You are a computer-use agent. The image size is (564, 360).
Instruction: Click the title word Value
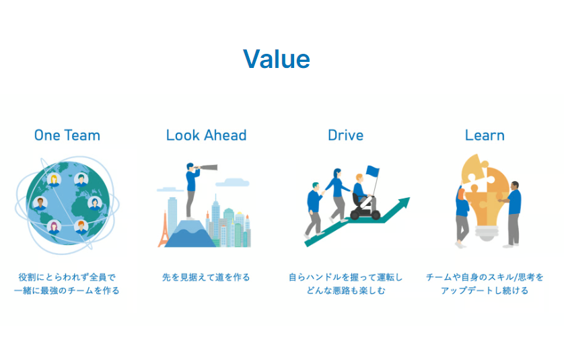(x=276, y=59)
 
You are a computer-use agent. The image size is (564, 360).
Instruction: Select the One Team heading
(x=67, y=135)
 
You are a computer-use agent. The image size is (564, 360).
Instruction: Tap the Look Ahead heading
(x=206, y=135)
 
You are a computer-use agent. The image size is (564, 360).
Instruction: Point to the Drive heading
(x=346, y=135)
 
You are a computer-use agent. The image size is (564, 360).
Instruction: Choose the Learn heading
(x=485, y=135)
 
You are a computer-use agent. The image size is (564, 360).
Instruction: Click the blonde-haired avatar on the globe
(x=54, y=180)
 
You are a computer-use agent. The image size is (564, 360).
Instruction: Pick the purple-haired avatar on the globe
(x=54, y=227)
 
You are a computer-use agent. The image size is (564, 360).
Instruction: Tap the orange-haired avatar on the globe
(x=81, y=227)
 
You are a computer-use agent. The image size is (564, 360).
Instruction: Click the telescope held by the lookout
(x=206, y=168)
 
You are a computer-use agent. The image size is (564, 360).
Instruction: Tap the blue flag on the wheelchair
(x=373, y=171)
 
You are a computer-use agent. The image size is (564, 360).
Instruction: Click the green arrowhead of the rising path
(x=404, y=203)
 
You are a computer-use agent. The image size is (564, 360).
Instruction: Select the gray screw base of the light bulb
(x=487, y=233)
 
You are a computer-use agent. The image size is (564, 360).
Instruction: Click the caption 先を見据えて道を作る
(x=206, y=277)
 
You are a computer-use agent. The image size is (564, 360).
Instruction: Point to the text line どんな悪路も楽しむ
(x=346, y=290)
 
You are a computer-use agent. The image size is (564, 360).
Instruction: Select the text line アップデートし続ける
(x=485, y=290)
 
